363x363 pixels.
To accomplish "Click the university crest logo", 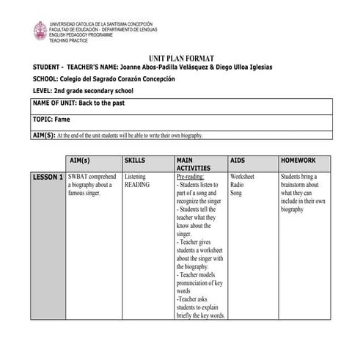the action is click(40, 31).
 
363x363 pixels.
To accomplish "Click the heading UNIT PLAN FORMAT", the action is click(180, 56).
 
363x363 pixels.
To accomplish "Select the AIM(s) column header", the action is click(78, 160).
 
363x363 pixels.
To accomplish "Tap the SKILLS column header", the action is click(135, 160).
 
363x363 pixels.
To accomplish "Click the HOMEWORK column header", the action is click(298, 160).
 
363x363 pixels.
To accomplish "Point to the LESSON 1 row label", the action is click(47, 177).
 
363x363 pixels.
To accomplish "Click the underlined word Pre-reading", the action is click(190, 177).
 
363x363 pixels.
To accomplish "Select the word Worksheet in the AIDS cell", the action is click(242, 177).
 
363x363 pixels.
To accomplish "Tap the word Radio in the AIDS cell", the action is click(237, 185).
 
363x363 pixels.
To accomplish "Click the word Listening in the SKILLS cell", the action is click(136, 177).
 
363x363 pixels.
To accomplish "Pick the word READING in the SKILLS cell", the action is click(137, 185).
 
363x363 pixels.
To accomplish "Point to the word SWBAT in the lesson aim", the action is click(78, 177).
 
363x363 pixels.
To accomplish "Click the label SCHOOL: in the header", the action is click(48, 79).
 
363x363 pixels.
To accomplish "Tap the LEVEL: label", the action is click(44, 91).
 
